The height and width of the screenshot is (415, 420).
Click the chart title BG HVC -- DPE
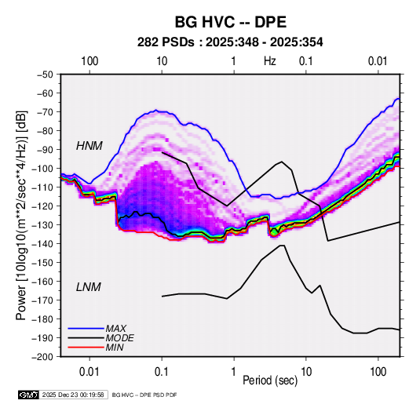[231, 22]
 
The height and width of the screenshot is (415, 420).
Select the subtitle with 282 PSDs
[230, 42]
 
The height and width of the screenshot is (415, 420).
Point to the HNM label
[89, 146]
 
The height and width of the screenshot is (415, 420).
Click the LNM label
[89, 287]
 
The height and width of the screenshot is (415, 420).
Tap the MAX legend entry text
[115, 328]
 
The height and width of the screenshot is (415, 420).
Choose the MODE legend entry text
[120, 338]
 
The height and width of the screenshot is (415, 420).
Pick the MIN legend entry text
[115, 348]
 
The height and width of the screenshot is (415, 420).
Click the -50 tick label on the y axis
[46, 75]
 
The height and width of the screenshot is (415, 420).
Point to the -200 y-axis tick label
[42, 357]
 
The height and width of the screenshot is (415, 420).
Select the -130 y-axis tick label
[42, 225]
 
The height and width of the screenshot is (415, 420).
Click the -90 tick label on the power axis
[46, 150]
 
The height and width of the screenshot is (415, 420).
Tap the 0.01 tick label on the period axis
[89, 372]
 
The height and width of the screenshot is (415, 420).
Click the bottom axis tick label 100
[378, 372]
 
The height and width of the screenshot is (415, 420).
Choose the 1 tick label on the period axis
[234, 372]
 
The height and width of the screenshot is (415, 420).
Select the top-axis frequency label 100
[89, 61]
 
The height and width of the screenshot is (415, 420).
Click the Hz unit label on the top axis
[270, 61]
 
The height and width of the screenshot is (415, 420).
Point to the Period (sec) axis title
[270, 380]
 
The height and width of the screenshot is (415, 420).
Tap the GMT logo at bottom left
[29, 395]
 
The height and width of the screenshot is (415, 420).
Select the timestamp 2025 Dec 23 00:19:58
[73, 395]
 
